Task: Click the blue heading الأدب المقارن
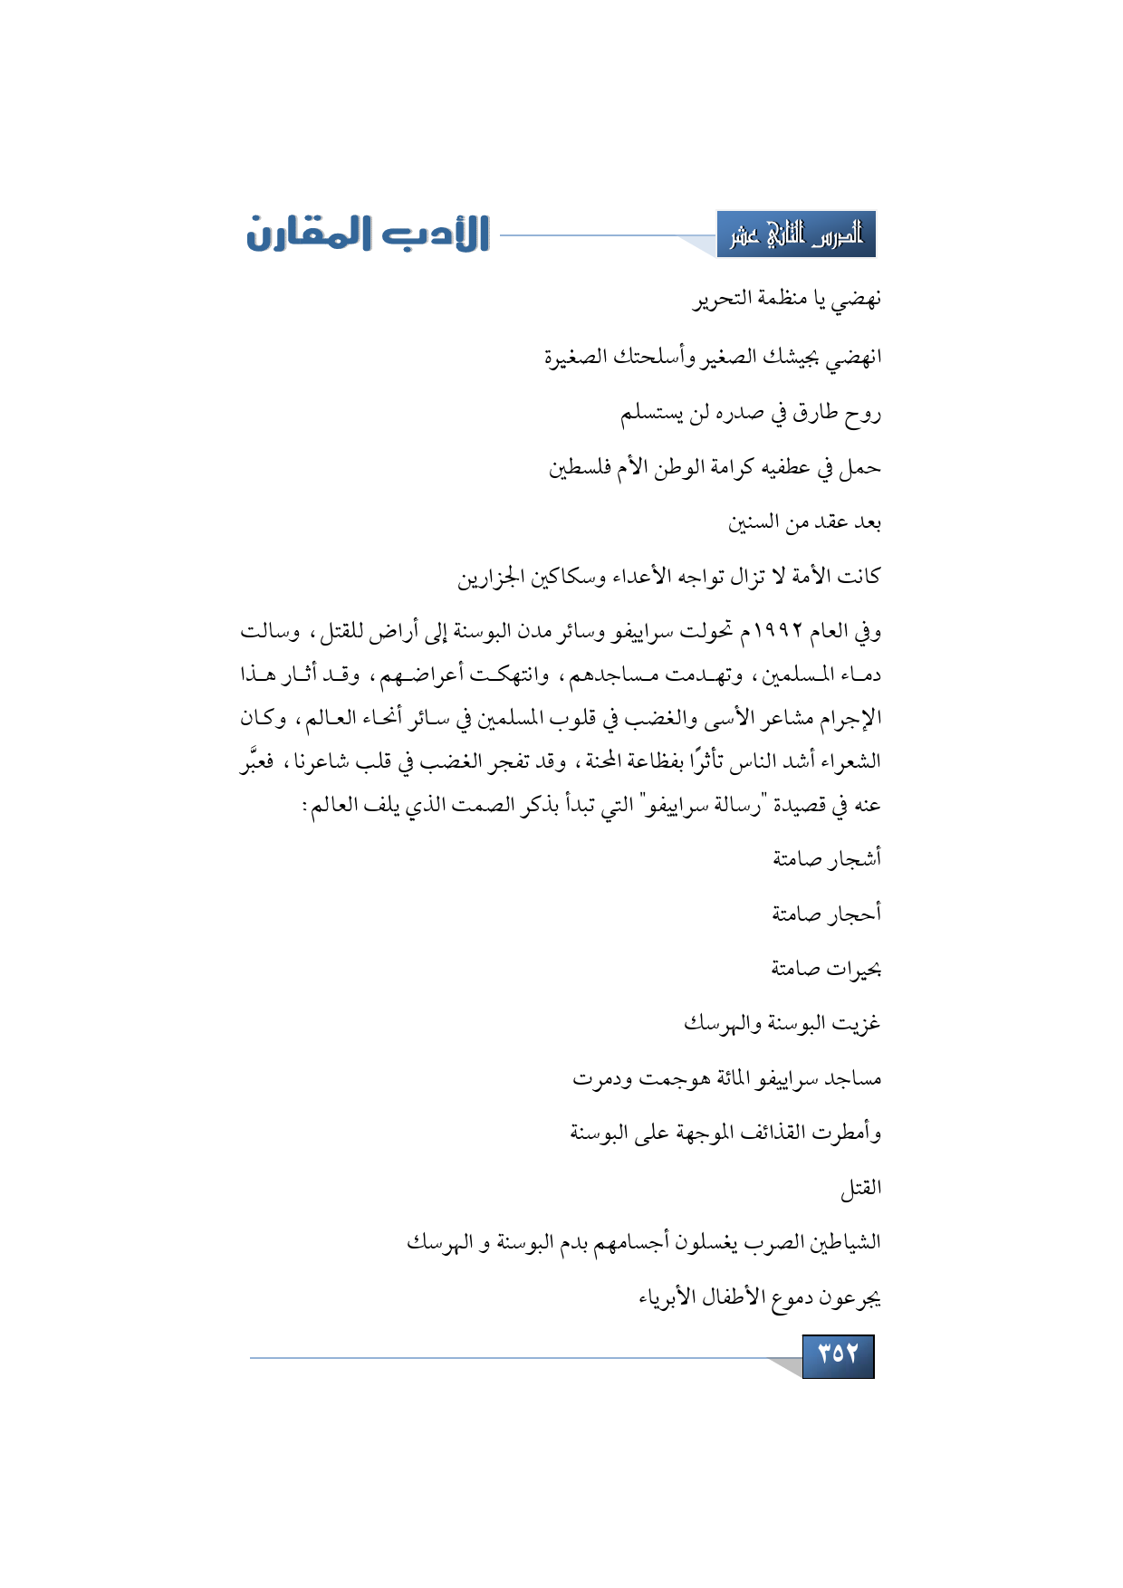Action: click(x=368, y=234)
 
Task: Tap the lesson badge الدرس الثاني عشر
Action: click(x=796, y=235)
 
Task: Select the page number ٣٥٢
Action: click(x=838, y=1355)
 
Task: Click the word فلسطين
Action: click(x=581, y=469)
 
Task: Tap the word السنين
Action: click(x=753, y=522)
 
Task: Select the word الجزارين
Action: click(x=491, y=578)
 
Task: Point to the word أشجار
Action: click(x=853, y=858)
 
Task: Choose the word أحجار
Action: click(x=853, y=914)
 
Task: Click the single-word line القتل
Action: click(x=860, y=1188)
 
